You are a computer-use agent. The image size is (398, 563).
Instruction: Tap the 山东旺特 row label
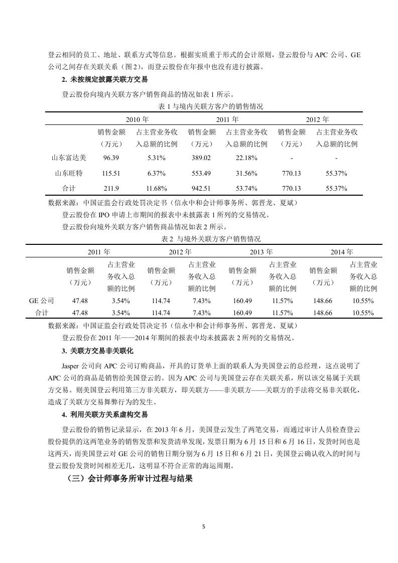(x=69, y=173)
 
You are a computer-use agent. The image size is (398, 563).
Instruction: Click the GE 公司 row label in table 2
(x=41, y=301)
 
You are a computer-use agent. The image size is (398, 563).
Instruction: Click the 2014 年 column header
(x=342, y=251)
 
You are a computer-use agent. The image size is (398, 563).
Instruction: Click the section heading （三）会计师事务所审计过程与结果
(x=130, y=479)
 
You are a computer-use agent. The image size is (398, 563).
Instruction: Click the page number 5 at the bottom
(x=204, y=527)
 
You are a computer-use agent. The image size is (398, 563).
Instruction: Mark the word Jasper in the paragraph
(x=72, y=362)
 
